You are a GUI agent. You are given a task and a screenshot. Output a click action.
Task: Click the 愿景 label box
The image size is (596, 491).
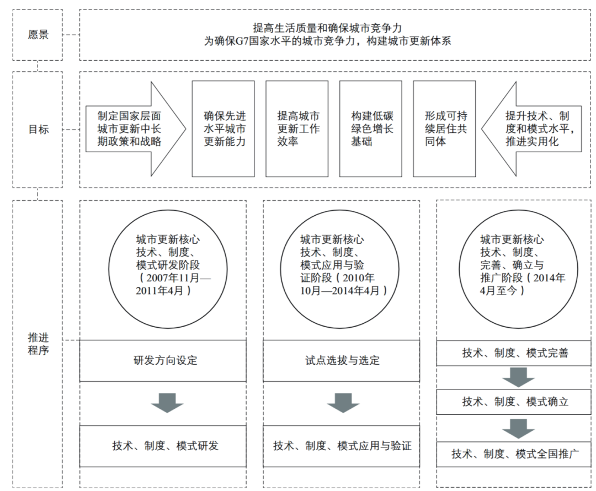38,34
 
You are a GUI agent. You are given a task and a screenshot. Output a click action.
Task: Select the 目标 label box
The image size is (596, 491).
38,130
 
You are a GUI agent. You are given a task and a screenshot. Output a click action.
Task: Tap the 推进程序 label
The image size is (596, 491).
38,343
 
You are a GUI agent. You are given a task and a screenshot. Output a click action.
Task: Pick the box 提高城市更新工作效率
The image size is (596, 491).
297,129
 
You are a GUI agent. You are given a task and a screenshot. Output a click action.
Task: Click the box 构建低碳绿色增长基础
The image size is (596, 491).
371,129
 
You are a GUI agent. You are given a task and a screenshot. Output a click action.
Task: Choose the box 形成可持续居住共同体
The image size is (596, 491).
444,129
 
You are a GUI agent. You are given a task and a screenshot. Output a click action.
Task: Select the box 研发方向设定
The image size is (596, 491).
163,361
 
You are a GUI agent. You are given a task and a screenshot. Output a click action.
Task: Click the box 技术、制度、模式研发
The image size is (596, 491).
163,446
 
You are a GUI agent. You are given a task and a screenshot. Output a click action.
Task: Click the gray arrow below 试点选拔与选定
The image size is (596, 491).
343,403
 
